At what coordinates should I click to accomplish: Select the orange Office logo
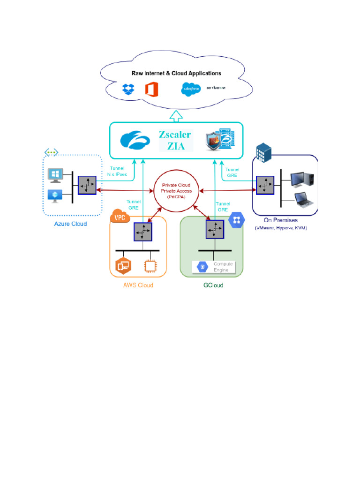(150, 88)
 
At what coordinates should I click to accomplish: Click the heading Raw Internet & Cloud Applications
(176, 74)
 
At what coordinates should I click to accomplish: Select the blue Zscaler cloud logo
(135, 140)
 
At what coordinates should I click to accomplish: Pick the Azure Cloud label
(70, 224)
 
